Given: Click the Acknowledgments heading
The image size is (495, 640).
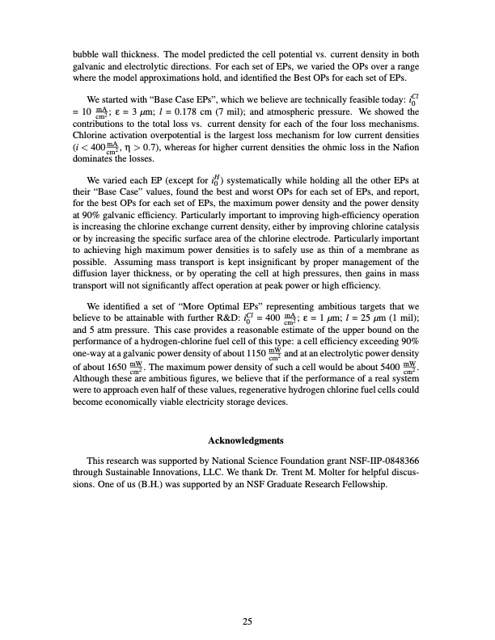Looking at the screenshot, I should coord(246,440).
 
